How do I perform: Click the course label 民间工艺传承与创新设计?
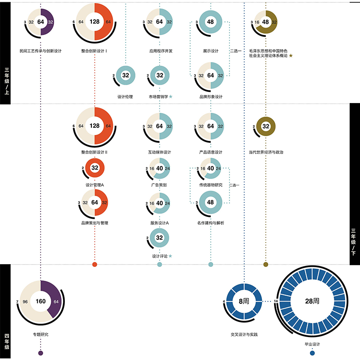(40, 51)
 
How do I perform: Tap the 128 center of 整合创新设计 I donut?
(94, 22)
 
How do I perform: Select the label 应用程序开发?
(159, 51)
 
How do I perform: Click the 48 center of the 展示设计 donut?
(211, 22)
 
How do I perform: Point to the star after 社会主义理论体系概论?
(291, 56)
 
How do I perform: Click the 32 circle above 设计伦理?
(126, 76)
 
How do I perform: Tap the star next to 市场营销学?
(171, 96)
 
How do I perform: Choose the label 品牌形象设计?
(211, 96)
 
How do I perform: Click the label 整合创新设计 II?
(94, 152)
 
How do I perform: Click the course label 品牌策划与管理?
(94, 223)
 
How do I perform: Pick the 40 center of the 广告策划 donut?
(159, 168)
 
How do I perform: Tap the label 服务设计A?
(159, 223)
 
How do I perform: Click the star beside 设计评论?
(170, 256)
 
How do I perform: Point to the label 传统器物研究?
(211, 185)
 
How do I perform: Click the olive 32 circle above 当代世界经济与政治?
(265, 126)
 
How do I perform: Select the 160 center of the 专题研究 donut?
(40, 301)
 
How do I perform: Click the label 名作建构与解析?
(211, 223)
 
